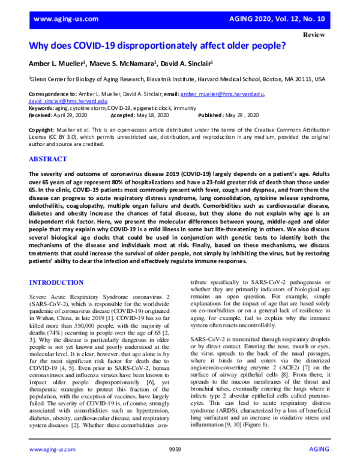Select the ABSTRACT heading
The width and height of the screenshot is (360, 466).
(52, 160)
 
